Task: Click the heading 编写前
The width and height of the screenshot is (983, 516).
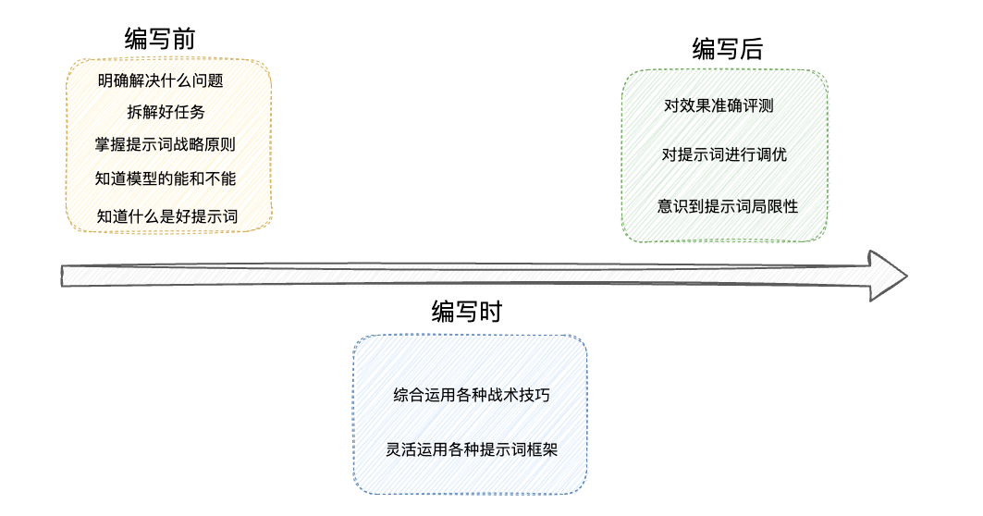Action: pyautogui.click(x=160, y=38)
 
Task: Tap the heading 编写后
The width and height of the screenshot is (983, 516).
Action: pyautogui.click(x=728, y=49)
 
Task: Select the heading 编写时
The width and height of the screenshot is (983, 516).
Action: pyautogui.click(x=467, y=312)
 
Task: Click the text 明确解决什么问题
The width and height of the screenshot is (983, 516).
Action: pyautogui.click(x=161, y=80)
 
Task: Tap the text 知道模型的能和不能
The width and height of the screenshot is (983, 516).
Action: pyautogui.click(x=166, y=178)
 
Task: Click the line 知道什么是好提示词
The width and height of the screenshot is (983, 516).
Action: pyautogui.click(x=167, y=216)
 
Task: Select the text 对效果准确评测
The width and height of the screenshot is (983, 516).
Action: pyautogui.click(x=719, y=105)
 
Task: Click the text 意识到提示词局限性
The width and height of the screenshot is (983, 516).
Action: pyautogui.click(x=728, y=206)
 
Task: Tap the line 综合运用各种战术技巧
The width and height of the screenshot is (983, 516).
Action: pyautogui.click(x=472, y=395)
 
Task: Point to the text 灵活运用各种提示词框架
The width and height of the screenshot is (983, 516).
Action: pyautogui.click(x=472, y=450)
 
